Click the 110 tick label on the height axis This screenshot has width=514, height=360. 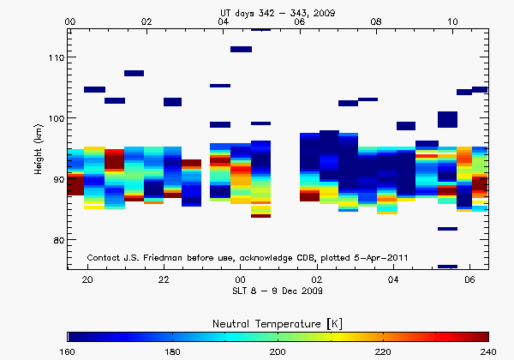point(53,57)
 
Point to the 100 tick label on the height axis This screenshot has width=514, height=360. point(53,118)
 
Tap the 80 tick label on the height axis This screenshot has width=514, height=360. point(56,240)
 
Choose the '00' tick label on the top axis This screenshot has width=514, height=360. point(70,21)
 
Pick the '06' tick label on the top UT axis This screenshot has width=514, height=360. point(300,21)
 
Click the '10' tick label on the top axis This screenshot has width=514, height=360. point(453,21)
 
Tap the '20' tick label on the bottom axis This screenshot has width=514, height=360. point(87,279)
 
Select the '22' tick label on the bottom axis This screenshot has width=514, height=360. point(164,279)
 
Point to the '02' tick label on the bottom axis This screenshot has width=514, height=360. point(317,279)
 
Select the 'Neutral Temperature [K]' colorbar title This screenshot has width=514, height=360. point(278,321)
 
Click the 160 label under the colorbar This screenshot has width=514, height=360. point(69,351)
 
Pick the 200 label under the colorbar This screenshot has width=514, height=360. point(278,351)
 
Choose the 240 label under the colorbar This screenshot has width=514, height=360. point(487,351)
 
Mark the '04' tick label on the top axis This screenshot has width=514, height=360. point(224,21)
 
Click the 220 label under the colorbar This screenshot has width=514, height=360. point(383,351)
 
